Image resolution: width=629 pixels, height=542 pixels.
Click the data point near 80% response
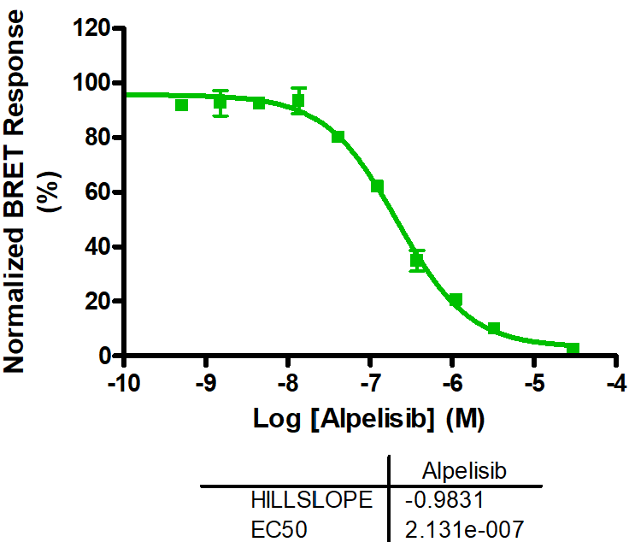[338, 137]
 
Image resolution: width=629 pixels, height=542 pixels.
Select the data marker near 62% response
[377, 186]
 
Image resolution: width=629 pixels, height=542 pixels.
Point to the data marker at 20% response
[456, 300]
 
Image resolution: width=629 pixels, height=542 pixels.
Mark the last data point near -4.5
[573, 349]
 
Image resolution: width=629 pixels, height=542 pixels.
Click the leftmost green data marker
[181, 104]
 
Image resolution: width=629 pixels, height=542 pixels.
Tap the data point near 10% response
[494, 328]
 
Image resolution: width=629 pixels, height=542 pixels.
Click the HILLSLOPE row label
[312, 499]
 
